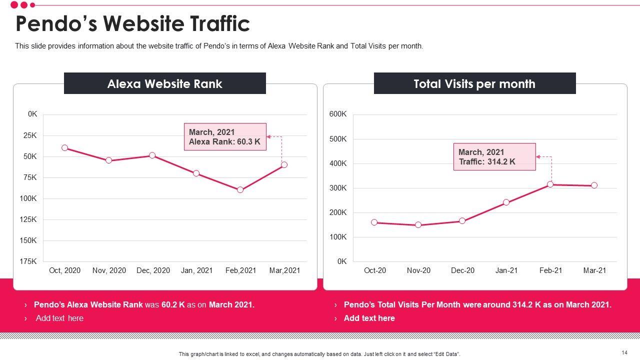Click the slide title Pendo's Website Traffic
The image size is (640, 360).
pyautogui.click(x=132, y=24)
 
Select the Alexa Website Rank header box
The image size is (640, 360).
pyautogui.click(x=165, y=83)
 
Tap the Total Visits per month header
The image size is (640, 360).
pyautogui.click(x=474, y=83)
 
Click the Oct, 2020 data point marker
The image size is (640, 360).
pyautogui.click(x=65, y=148)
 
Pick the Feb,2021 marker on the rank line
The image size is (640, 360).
pyautogui.click(x=240, y=190)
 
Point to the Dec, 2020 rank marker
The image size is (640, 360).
pyautogui.click(x=152, y=155)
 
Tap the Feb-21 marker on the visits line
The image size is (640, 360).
pyautogui.click(x=550, y=184)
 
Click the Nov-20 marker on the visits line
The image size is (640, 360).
pyautogui.click(x=418, y=225)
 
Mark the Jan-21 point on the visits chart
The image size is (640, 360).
pyautogui.click(x=506, y=202)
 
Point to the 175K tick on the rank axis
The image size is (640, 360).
pyautogui.click(x=28, y=261)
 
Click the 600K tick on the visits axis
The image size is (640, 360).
pyautogui.click(x=338, y=114)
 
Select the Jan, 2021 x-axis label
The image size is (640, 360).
pyautogui.click(x=196, y=270)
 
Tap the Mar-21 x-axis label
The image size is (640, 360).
pyautogui.click(x=594, y=270)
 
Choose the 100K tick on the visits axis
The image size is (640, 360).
pyautogui.click(x=338, y=237)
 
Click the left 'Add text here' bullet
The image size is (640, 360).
pyautogui.click(x=59, y=318)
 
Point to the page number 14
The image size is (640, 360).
pyautogui.click(x=624, y=352)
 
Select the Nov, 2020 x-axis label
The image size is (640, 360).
pyautogui.click(x=109, y=270)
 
